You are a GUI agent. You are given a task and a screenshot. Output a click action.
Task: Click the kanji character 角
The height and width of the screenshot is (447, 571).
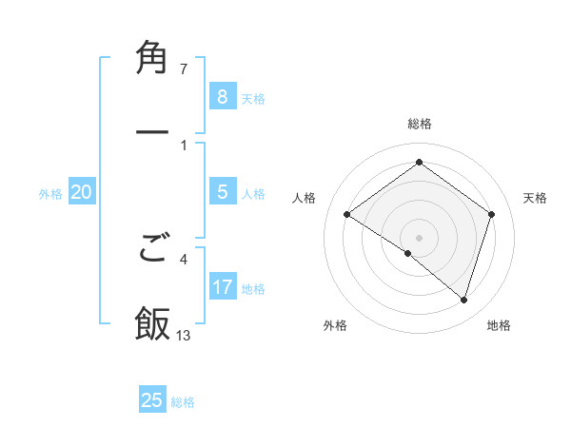click(x=152, y=58)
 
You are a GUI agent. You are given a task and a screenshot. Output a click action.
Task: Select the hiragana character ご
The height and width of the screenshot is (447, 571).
click(x=152, y=249)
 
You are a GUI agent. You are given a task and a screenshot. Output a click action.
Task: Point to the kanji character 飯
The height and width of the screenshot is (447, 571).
click(x=152, y=322)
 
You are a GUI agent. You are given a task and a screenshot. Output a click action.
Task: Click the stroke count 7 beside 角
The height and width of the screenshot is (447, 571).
click(x=184, y=69)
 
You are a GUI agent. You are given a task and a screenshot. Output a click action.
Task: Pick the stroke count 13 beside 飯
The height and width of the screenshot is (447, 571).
click(x=184, y=335)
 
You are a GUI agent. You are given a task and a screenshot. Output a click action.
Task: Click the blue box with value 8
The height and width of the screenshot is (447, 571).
click(x=222, y=96)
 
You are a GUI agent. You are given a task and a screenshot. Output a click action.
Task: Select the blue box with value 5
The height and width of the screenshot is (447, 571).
click(x=222, y=192)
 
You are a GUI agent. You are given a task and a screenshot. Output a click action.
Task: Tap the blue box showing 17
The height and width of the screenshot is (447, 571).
click(x=222, y=287)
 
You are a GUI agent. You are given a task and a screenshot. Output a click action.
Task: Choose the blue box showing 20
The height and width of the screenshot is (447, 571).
click(x=81, y=192)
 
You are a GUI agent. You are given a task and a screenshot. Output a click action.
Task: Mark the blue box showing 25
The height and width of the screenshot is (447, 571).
click(x=152, y=400)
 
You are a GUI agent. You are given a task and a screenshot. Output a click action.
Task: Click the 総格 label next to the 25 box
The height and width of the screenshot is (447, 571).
click(x=183, y=402)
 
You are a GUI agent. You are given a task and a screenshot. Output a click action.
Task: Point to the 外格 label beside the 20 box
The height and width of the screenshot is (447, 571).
click(x=50, y=194)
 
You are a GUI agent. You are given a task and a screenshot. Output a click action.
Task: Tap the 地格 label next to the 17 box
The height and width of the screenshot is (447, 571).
click(x=253, y=289)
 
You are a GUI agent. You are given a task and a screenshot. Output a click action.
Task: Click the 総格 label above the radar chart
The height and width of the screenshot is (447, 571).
click(x=419, y=124)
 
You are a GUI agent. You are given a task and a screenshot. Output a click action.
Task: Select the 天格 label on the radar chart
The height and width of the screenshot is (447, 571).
click(x=536, y=198)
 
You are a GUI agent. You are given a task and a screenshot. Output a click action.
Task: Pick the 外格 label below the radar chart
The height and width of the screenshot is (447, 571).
click(x=335, y=325)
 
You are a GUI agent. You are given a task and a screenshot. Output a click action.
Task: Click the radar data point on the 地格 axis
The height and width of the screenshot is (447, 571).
click(x=463, y=300)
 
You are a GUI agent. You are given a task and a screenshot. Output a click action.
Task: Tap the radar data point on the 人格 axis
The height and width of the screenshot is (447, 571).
click(x=347, y=215)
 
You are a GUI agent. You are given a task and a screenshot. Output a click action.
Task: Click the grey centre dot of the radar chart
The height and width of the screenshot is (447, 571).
click(x=419, y=237)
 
